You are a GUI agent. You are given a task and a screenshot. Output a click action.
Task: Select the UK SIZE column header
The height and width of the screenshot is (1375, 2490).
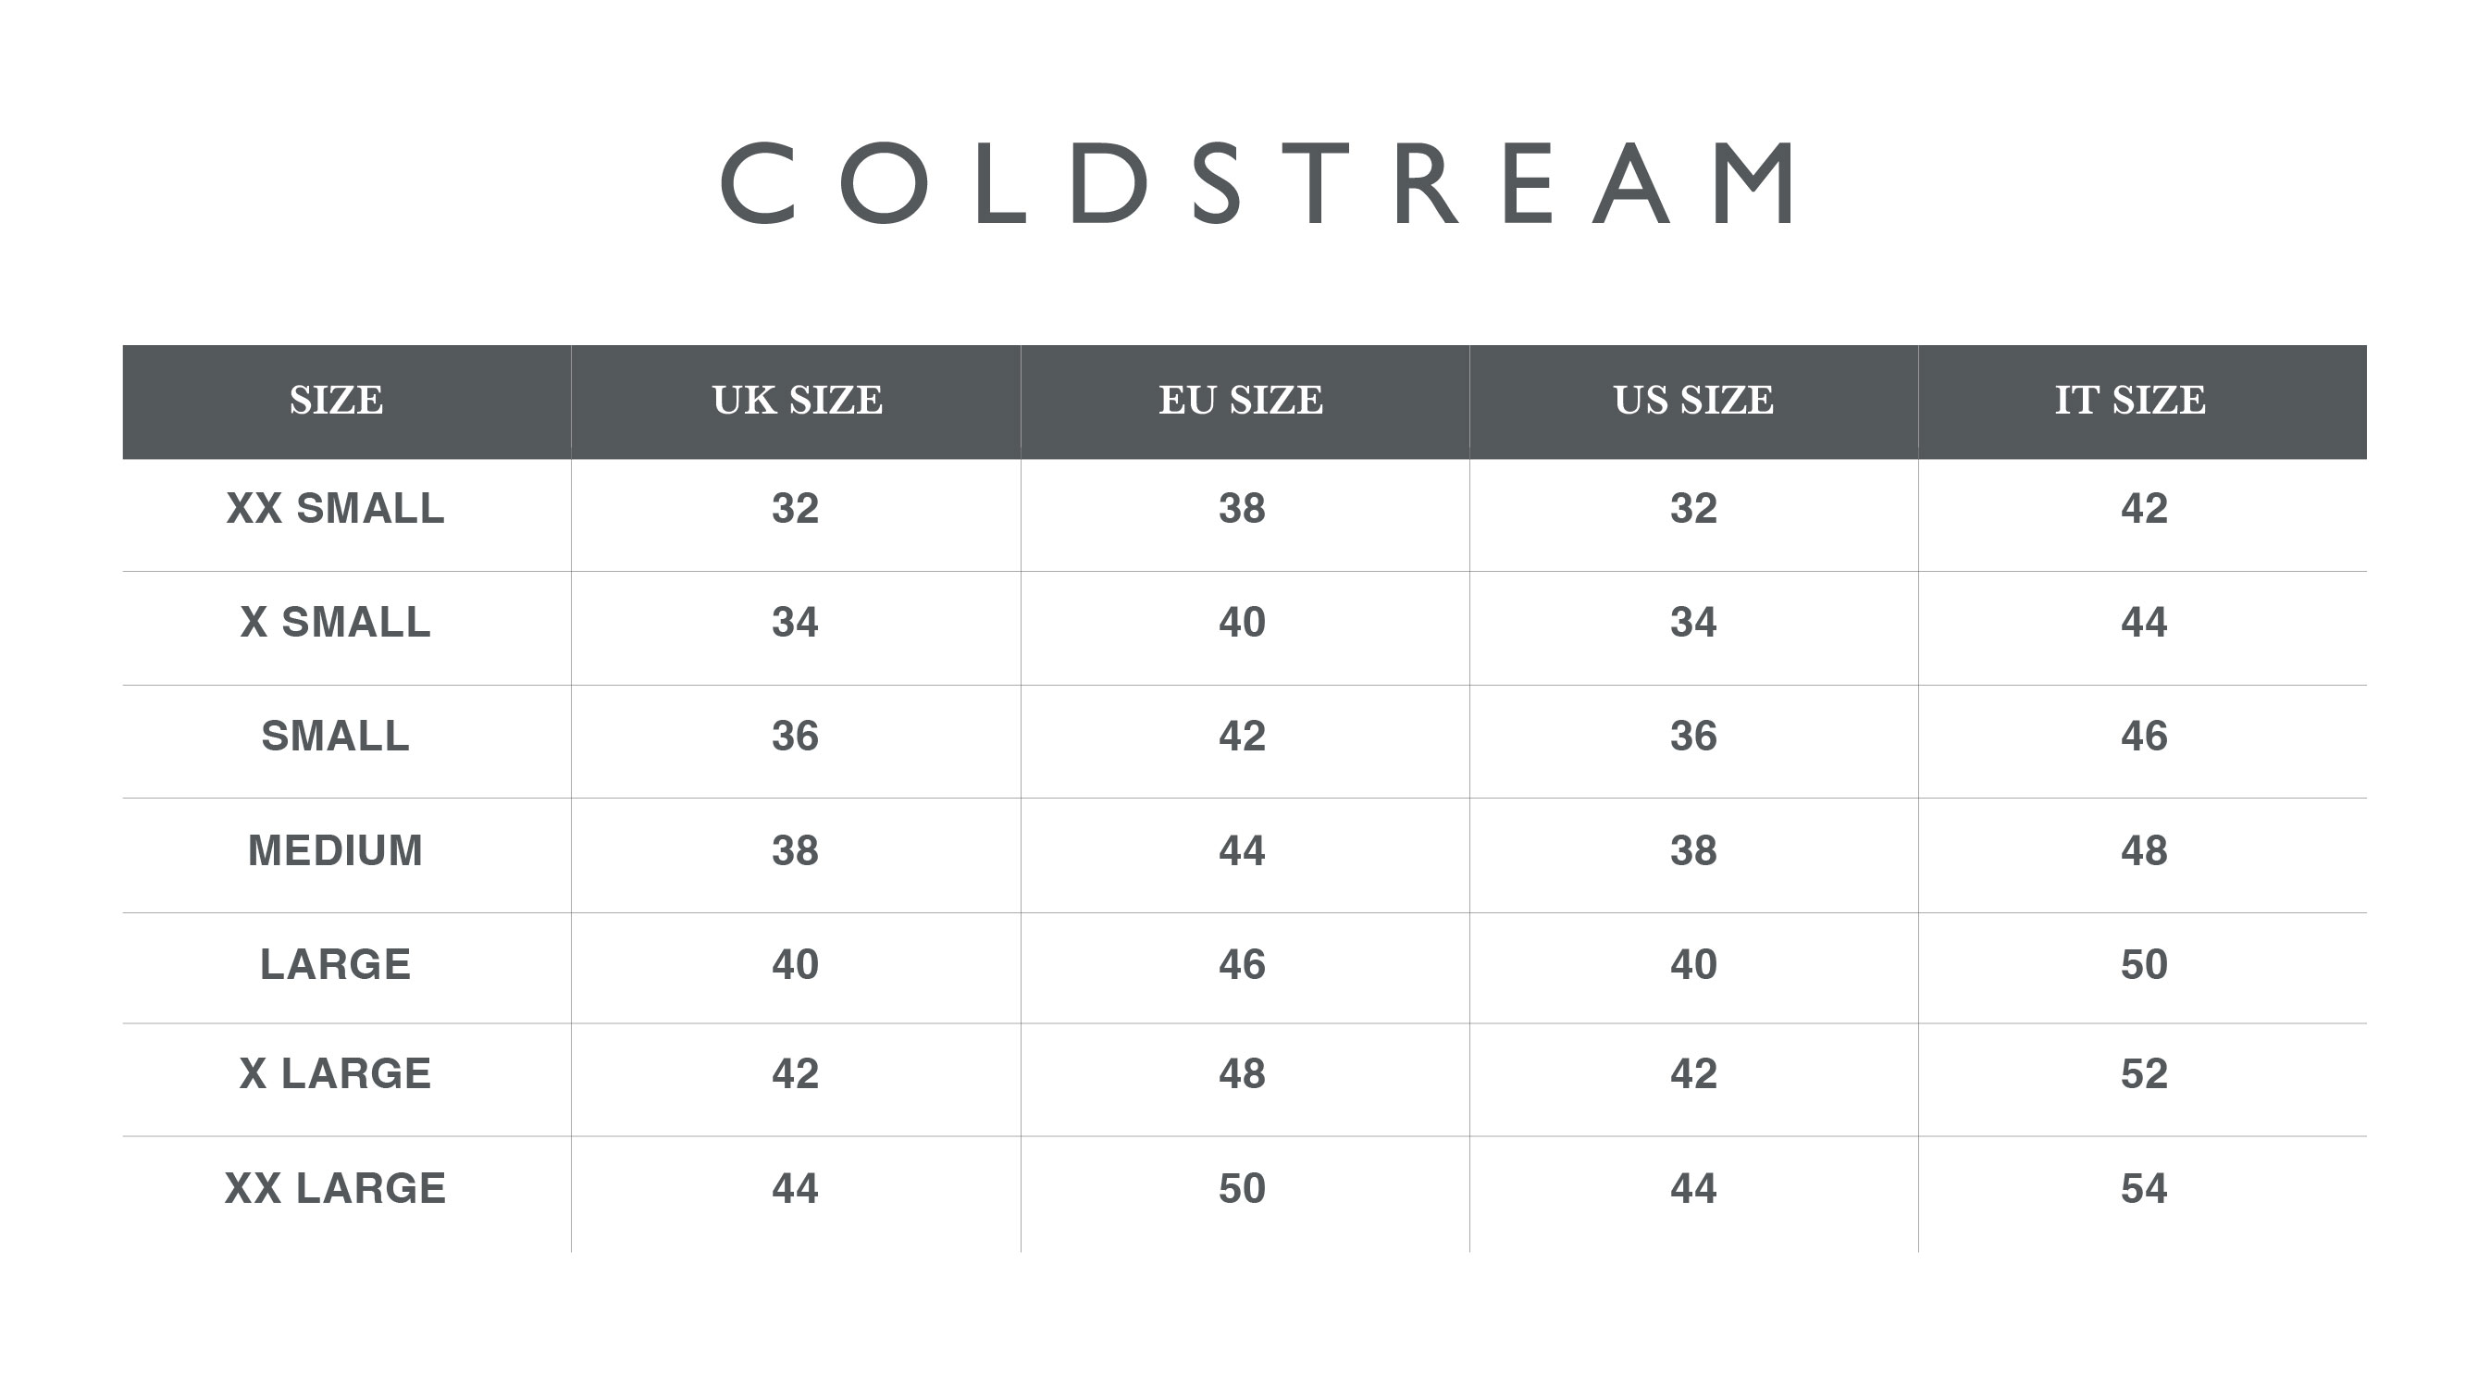point(798,401)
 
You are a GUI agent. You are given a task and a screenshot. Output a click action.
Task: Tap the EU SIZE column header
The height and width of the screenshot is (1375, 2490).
point(1241,401)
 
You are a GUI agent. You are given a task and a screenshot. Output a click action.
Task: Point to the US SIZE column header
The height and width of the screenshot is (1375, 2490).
point(1693,401)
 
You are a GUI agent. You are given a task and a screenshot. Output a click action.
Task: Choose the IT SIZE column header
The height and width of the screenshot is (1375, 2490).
point(2130,401)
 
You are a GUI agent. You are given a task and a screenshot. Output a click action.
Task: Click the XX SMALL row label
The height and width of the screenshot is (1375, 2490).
point(335,509)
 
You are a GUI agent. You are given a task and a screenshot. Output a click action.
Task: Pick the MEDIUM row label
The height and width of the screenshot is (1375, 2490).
point(335,851)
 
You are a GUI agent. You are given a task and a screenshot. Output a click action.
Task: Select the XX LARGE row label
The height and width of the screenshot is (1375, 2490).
point(335,1188)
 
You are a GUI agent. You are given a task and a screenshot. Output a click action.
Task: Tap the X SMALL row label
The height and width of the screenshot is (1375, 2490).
point(335,622)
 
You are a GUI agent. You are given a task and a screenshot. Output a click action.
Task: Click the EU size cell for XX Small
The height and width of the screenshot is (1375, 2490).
point(1242,509)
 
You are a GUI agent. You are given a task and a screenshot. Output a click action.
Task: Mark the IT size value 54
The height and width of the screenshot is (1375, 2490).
point(2144,1188)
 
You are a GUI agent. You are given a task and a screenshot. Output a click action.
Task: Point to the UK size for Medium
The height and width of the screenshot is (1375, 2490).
point(796,851)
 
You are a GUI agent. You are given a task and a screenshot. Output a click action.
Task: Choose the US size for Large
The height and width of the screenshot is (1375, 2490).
point(1693,965)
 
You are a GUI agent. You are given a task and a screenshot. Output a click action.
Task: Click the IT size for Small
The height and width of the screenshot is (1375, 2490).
point(2144,737)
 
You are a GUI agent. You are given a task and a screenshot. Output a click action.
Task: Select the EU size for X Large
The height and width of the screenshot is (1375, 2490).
point(1242,1074)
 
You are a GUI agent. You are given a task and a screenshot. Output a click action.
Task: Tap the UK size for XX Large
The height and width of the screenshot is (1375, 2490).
point(796,1188)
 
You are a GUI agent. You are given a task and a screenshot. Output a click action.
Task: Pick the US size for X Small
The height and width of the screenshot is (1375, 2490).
point(1693,622)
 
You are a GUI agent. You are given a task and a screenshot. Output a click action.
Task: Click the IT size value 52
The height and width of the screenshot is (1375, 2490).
point(2144,1074)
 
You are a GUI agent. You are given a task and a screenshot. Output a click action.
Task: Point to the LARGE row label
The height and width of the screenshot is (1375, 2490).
point(335,965)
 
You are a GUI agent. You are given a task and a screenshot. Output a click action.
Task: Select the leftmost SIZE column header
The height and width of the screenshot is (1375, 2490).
point(337,401)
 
